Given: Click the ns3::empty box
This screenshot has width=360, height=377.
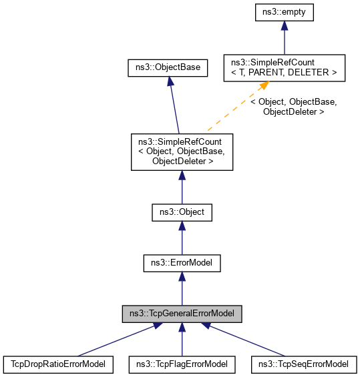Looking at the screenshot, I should coord(284,11).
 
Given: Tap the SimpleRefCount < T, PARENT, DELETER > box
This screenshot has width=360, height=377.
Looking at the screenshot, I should coord(284,67).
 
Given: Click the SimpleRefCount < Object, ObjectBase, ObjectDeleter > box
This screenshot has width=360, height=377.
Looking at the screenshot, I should coord(182,151).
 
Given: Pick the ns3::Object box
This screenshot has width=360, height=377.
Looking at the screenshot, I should coord(182,213).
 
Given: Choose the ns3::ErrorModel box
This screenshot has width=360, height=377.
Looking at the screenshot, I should coord(182,263).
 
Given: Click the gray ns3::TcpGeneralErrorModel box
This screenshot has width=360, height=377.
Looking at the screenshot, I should coord(182,313).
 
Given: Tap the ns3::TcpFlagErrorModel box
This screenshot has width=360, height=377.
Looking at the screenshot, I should coord(182,364).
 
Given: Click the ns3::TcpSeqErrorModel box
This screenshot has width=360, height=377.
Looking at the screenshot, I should coord(301,364).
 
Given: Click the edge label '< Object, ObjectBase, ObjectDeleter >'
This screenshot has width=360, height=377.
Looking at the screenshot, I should coord(293,107).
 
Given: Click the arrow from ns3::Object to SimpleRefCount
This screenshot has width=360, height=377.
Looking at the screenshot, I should coord(182,187).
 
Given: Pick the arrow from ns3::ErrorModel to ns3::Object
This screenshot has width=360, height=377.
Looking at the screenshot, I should coord(182,238).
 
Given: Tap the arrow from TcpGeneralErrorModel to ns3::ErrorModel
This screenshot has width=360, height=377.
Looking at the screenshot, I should coord(182,288).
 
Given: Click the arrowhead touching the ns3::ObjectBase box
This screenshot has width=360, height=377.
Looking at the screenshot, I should coord(170,80).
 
